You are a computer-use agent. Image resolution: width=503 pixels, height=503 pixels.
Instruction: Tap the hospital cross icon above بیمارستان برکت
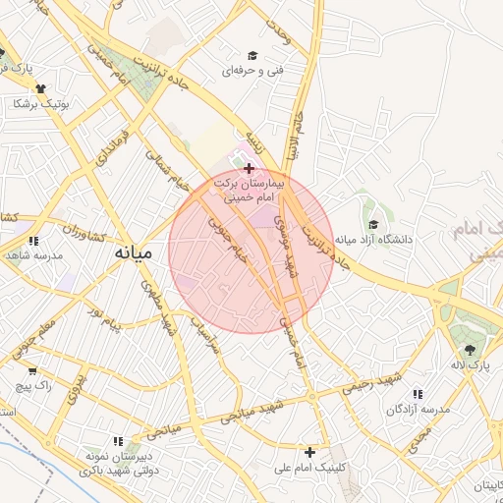[249, 169]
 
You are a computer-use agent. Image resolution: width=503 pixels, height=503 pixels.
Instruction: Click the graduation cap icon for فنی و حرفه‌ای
[252, 56]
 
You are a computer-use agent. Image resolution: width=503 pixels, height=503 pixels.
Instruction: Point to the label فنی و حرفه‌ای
[247, 72]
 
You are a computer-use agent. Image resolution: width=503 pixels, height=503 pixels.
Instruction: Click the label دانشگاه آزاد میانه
[373, 239]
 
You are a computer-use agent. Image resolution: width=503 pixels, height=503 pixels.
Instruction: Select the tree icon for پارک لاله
[470, 351]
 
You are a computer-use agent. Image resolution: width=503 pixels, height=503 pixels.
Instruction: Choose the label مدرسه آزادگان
[421, 408]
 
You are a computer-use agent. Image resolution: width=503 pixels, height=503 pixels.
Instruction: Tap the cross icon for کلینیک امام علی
[310, 453]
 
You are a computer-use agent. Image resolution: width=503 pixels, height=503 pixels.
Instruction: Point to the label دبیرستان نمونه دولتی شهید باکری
[123, 465]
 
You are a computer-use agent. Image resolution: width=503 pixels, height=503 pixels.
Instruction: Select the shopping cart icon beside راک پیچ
[32, 371]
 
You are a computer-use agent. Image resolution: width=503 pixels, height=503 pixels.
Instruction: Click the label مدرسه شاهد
[34, 255]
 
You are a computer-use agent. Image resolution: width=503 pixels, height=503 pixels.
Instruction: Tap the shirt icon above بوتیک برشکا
[39, 88]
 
